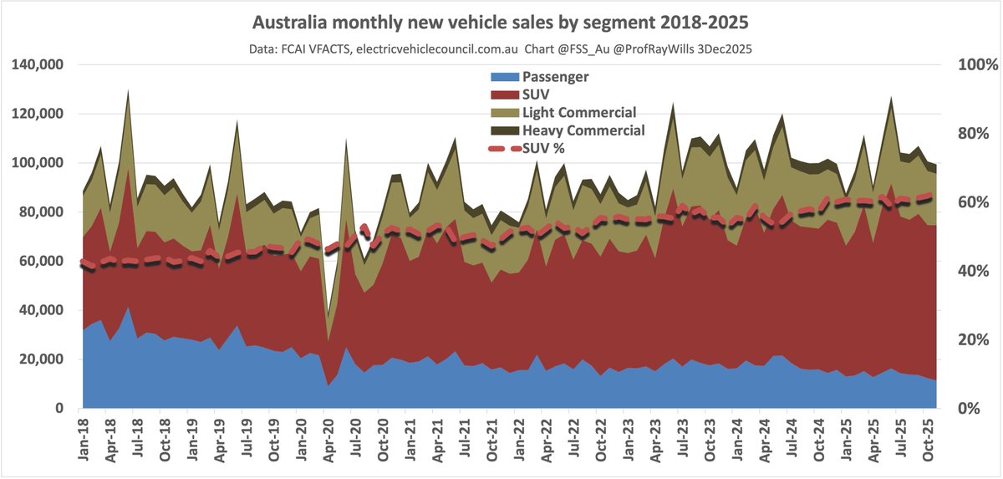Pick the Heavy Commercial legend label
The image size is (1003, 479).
point(583,130)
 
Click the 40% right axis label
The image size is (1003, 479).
point(969,272)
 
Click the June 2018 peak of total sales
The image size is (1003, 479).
point(128,90)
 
